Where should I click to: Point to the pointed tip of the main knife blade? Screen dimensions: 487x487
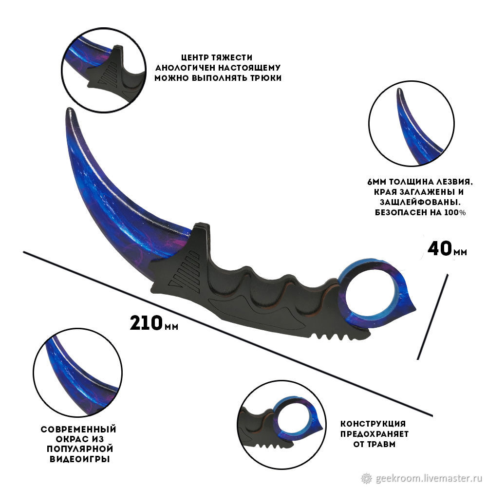(69, 111)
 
